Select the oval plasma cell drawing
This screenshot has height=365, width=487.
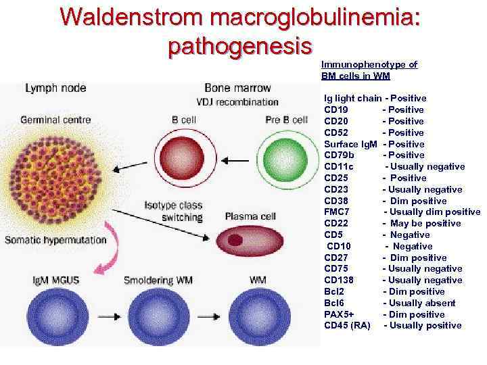241,241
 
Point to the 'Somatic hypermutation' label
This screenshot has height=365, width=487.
55,239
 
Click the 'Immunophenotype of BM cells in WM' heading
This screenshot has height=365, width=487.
369,70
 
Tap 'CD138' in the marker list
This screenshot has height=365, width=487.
339,280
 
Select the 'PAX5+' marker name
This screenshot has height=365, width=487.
339,314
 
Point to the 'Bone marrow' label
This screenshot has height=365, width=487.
237,88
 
